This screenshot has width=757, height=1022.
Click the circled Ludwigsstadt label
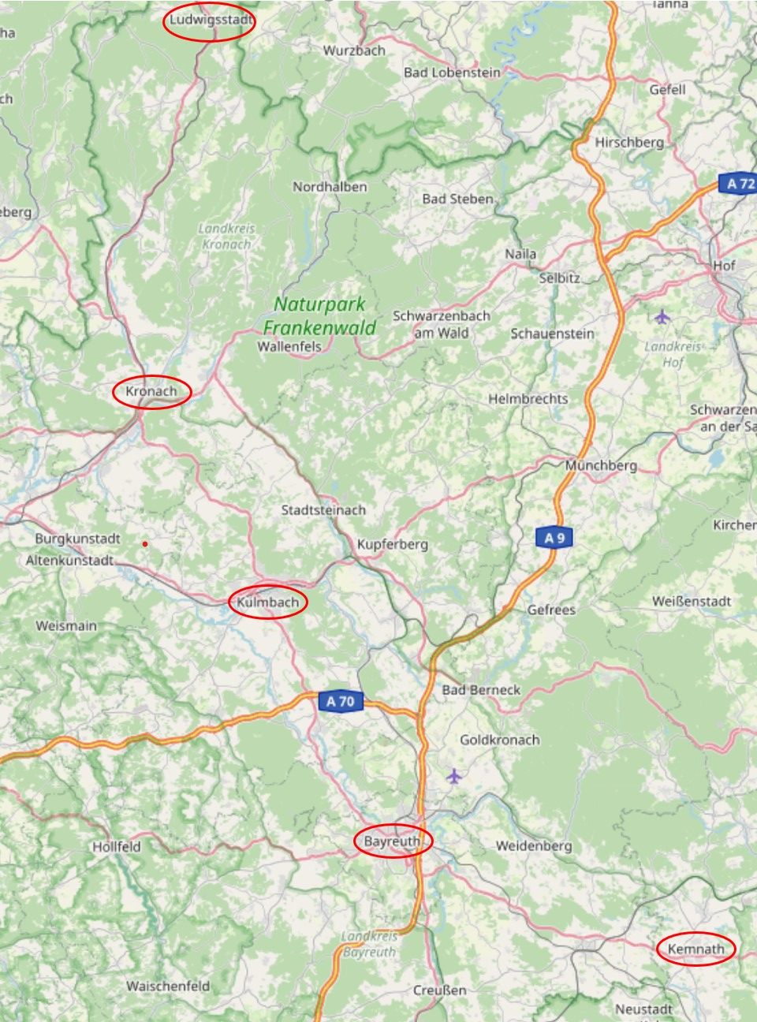(x=210, y=21)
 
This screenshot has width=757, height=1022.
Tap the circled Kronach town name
(x=151, y=391)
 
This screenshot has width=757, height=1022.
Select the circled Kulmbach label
(x=267, y=602)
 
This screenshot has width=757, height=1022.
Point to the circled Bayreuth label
(x=393, y=842)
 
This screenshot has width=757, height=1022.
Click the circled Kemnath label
(x=695, y=949)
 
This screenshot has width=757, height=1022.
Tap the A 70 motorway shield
(x=341, y=701)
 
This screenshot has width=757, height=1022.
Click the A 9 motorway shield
(x=555, y=538)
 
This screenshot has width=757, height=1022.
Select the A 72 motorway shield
(x=739, y=184)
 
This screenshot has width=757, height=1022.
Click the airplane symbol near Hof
(x=662, y=317)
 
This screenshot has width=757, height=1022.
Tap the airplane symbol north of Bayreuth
(x=453, y=777)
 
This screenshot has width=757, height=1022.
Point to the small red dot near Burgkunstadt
(x=145, y=544)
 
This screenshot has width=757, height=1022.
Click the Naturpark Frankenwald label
(x=319, y=315)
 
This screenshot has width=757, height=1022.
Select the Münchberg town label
(x=600, y=465)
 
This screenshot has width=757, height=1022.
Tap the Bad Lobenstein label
(x=452, y=73)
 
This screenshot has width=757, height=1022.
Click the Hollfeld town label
(x=117, y=847)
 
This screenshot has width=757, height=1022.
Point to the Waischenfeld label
(x=168, y=986)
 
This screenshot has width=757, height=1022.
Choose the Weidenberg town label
(x=534, y=846)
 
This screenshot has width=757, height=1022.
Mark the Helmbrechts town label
(x=528, y=399)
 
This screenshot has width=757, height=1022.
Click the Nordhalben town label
(x=330, y=187)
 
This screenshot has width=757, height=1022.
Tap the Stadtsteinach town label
(x=323, y=510)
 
